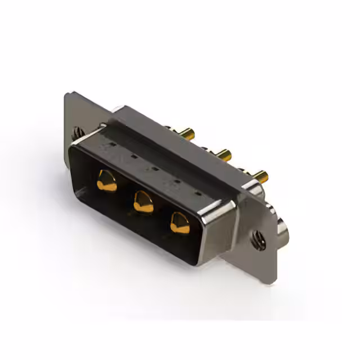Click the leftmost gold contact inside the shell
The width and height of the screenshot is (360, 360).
pos(106,182)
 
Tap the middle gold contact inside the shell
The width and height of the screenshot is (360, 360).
pos(143,201)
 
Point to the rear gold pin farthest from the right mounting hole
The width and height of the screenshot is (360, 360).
pos(190,134)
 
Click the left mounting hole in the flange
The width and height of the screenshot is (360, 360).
pos(78,134)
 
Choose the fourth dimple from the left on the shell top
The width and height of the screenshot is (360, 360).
pos(177,181)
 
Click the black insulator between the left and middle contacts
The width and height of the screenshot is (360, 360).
pos(125,194)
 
